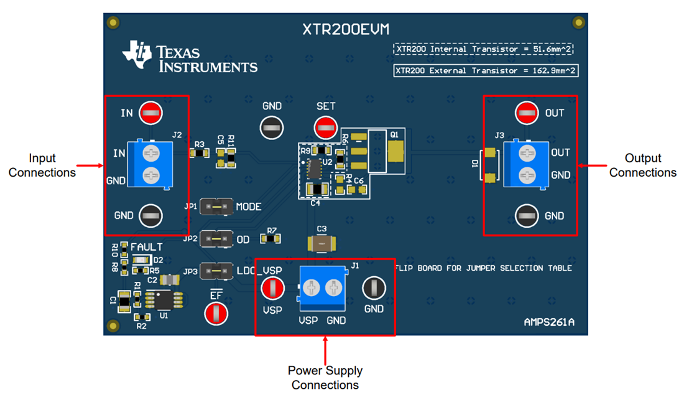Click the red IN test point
click(x=149, y=113)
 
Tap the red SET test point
click(x=325, y=128)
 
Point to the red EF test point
click(x=216, y=313)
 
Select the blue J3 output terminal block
click(x=526, y=164)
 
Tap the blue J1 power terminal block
click(x=323, y=289)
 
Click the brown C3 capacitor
click(x=321, y=243)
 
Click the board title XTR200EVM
click(x=346, y=29)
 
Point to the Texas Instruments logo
click(x=190, y=58)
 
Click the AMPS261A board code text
click(x=548, y=323)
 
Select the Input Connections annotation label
click(x=42, y=165)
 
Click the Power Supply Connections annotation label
click(x=325, y=378)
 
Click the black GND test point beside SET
click(x=271, y=128)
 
